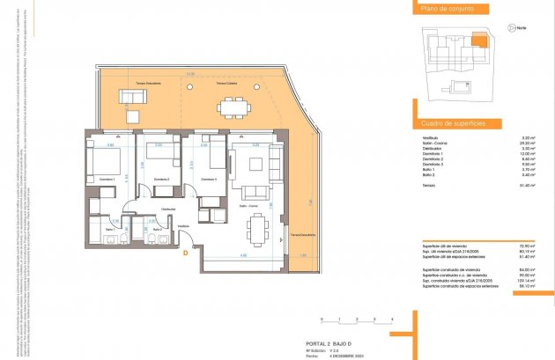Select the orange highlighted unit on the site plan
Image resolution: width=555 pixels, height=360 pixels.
pos(476,40)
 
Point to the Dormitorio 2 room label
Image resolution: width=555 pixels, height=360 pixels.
pos(160,180)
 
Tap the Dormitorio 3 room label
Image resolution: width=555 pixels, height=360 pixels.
pos(209,180)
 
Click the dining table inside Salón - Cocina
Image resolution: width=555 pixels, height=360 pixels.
pos(257,231)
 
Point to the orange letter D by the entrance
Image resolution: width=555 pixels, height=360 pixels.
pos(186,255)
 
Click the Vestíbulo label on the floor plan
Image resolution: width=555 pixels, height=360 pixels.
pos(183,225)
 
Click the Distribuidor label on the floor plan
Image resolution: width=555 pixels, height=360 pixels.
pos(167,209)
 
